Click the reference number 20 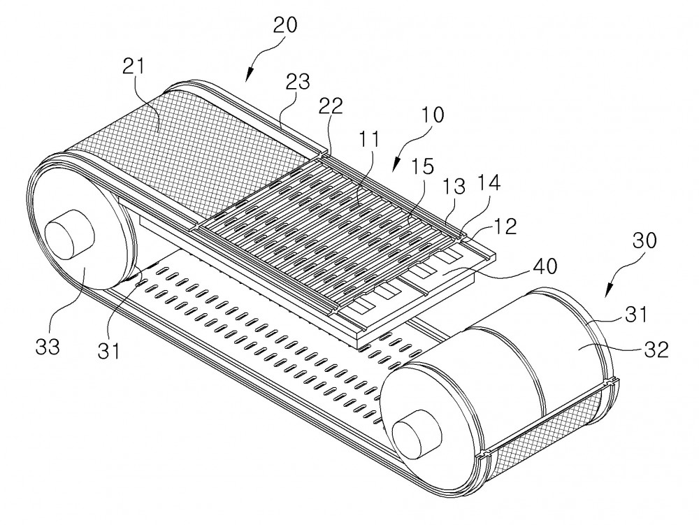(285, 25)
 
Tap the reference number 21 (134, 66)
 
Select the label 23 (298, 82)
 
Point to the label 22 (331, 106)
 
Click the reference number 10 (432, 115)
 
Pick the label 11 (369, 139)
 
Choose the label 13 (454, 186)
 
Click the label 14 (489, 182)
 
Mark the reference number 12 (505, 226)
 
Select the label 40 (545, 266)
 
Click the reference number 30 (644, 240)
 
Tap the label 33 (48, 346)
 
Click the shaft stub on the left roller (69, 237)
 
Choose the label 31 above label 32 (635, 314)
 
